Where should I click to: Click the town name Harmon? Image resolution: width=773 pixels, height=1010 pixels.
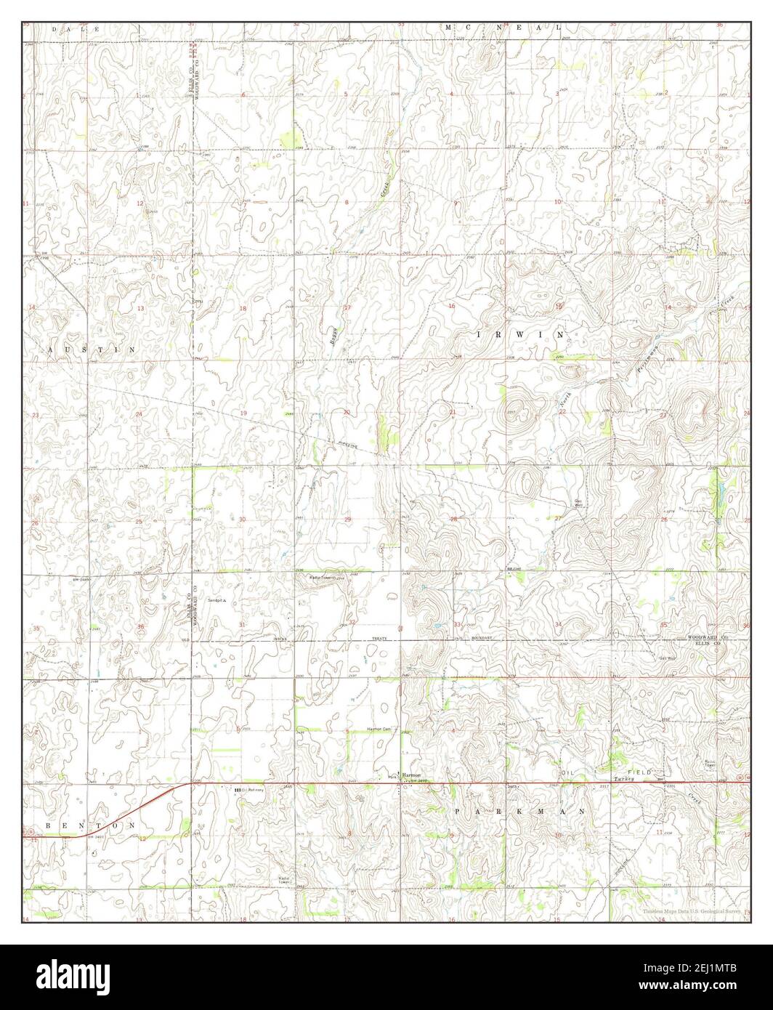pyautogui.click(x=412, y=775)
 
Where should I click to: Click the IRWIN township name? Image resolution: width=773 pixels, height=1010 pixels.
pyautogui.click(x=520, y=334)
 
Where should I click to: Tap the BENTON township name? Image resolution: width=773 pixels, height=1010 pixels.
pyautogui.click(x=90, y=826)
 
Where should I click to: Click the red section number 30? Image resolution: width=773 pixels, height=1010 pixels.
pyautogui.click(x=243, y=520)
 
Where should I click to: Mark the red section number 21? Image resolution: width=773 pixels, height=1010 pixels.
pyautogui.click(x=452, y=412)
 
